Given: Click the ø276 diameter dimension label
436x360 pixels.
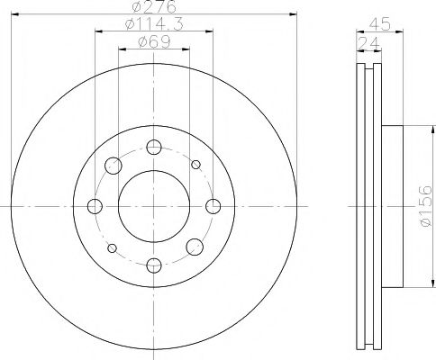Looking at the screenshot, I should click(x=152, y=8).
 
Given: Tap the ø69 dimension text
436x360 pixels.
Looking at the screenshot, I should click(x=152, y=41).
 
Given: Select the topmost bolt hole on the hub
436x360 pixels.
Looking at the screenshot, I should click(x=153, y=148).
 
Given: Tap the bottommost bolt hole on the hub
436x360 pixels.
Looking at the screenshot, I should click(x=153, y=264).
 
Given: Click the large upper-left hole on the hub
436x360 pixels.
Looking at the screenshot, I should click(x=114, y=166).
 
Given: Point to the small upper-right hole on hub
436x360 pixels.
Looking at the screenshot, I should click(x=195, y=164).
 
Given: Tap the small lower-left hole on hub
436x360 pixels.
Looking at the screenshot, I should click(x=112, y=248).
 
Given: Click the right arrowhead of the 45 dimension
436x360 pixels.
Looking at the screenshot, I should click(x=398, y=33).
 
